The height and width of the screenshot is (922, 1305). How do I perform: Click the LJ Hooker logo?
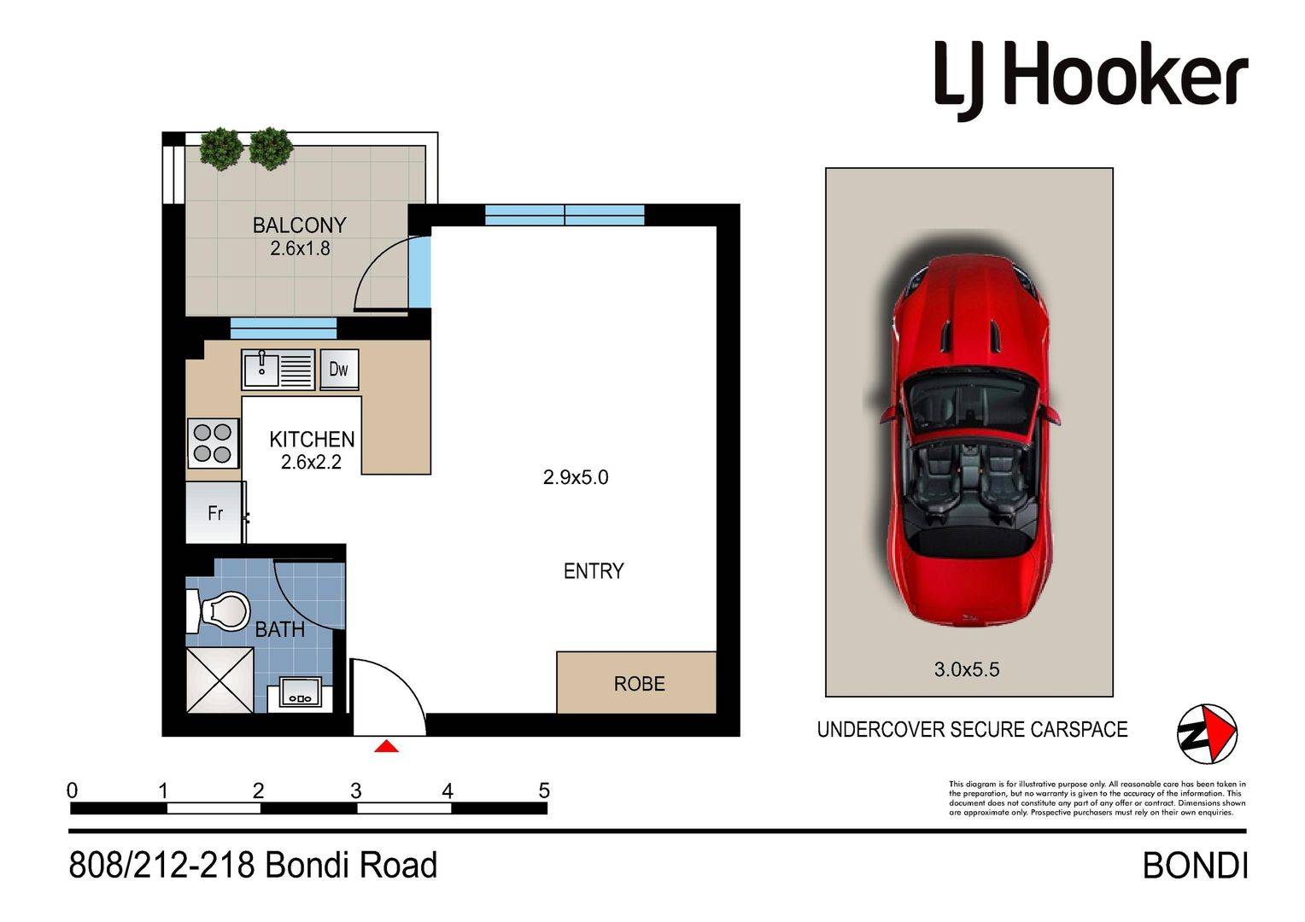pyautogui.click(x=1091, y=80)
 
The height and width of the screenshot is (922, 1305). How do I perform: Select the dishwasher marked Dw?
pyautogui.click(x=339, y=369)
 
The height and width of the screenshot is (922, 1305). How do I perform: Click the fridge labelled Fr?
pyautogui.click(x=214, y=512)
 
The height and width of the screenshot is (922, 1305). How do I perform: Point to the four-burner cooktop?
pyautogui.click(x=213, y=443)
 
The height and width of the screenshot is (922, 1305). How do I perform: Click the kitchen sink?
pyautogui.click(x=278, y=370)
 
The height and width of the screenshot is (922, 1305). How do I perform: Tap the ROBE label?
pyautogui.click(x=639, y=683)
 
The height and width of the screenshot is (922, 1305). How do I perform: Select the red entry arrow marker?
pyautogui.click(x=386, y=746)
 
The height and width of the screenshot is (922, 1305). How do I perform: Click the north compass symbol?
pyautogui.click(x=1207, y=733)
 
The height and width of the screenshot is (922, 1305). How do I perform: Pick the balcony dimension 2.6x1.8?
pyautogui.click(x=300, y=248)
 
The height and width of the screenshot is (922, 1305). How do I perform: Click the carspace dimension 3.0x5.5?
pyautogui.click(x=967, y=669)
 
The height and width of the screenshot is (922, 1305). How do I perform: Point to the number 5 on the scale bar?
pyautogui.click(x=544, y=791)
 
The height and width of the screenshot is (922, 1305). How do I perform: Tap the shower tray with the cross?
pyautogui.click(x=220, y=680)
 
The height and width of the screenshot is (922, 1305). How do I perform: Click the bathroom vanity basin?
pyautogui.click(x=301, y=692)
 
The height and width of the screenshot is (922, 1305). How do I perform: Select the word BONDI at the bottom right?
pyautogui.click(x=1195, y=867)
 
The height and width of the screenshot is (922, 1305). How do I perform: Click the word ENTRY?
pyautogui.click(x=594, y=571)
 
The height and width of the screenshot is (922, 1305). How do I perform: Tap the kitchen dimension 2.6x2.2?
pyautogui.click(x=311, y=463)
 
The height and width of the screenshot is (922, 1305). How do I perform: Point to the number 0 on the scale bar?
pyautogui.click(x=73, y=791)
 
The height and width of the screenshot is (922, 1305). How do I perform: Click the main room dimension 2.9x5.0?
pyautogui.click(x=576, y=477)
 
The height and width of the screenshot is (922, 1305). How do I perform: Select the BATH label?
pyautogui.click(x=279, y=630)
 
